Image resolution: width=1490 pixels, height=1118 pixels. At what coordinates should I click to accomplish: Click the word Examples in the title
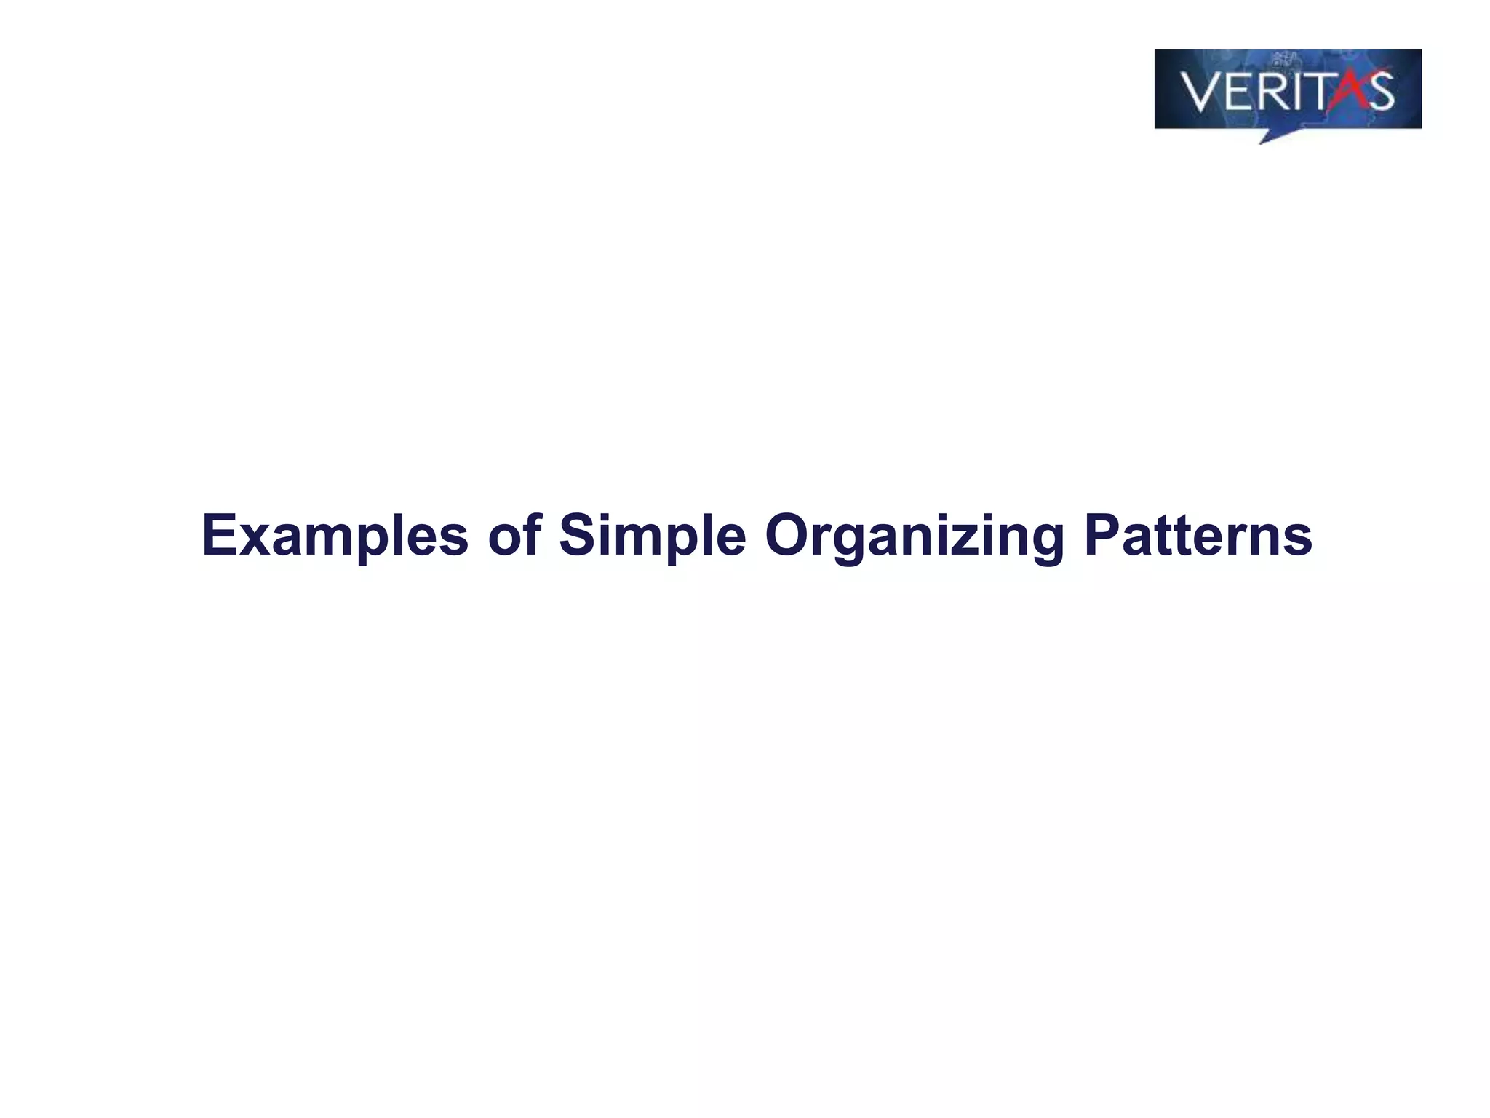335,536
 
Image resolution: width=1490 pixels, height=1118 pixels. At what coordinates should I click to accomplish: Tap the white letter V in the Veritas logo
1198,92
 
